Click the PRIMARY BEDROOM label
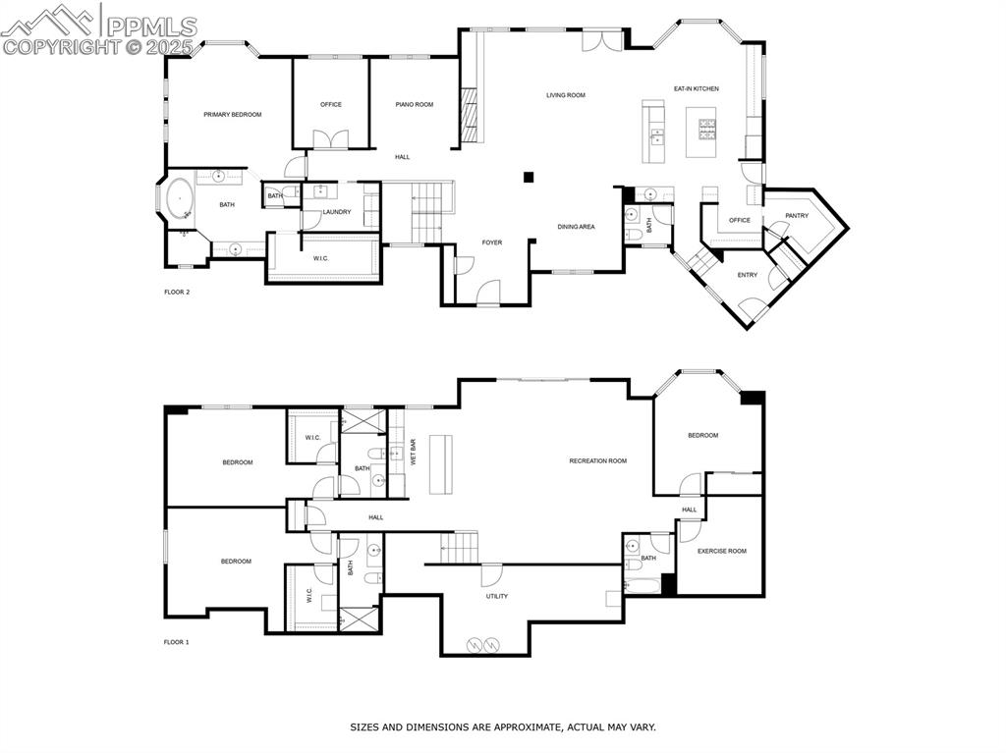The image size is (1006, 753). pos(233,115)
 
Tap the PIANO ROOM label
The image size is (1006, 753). pos(414,104)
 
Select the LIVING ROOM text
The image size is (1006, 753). pos(566,95)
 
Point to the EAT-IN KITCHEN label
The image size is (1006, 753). pos(696,89)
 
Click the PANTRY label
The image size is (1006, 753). pos(797,216)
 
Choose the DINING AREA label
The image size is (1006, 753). pos(576,227)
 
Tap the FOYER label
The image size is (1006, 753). pos(491,242)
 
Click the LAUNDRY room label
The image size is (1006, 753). pos(337,212)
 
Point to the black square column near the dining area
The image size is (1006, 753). pos(529,177)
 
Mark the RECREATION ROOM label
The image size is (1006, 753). pos(597,460)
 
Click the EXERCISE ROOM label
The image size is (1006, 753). pos(721,551)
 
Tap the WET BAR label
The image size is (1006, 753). pos(413,452)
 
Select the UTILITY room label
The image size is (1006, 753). pos(497,596)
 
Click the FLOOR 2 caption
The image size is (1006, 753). pos(177,293)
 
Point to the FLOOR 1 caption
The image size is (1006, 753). pos(177,642)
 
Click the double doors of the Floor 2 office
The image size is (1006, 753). pos(330,139)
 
